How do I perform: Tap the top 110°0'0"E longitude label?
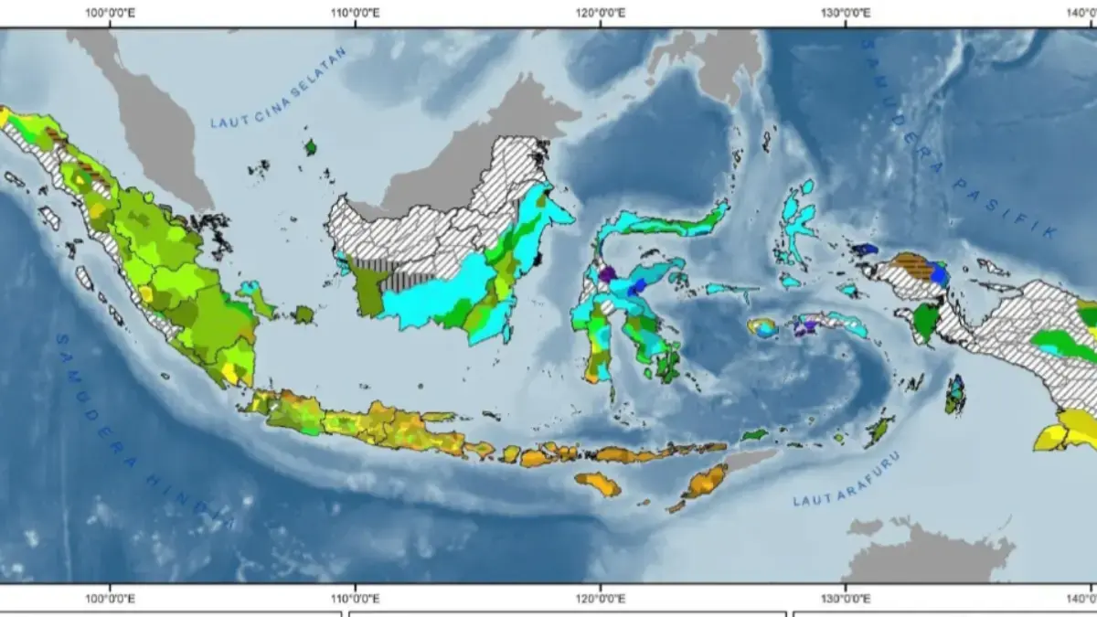356,13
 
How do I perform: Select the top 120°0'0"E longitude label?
601,13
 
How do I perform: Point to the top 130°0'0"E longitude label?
846,13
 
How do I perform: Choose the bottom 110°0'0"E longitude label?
356,598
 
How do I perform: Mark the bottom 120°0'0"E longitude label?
601,598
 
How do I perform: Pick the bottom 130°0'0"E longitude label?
846,598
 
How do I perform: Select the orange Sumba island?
598,483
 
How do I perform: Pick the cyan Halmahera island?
797,219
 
